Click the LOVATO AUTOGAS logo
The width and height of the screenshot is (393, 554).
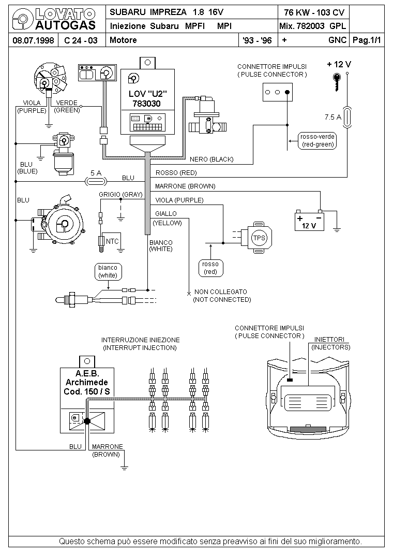(54, 19)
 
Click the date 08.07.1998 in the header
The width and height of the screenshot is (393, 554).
(33, 40)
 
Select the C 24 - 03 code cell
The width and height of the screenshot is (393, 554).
(81, 40)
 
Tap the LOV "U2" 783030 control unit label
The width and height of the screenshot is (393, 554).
(147, 98)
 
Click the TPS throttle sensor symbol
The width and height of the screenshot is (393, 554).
(259, 238)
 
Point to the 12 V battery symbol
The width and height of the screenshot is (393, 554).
(309, 221)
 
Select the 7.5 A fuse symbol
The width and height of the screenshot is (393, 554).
(347, 117)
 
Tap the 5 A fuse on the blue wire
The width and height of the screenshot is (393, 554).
(96, 181)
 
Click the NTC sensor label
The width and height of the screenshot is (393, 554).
(112, 242)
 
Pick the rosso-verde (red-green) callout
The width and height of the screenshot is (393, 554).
(318, 141)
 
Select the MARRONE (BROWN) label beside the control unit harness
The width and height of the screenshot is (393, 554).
(185, 186)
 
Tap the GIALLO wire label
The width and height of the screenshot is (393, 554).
(166, 214)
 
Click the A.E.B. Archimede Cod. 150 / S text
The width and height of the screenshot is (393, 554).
(87, 383)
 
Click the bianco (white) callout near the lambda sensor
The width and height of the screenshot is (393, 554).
(108, 272)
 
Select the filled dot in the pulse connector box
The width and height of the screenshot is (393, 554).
(287, 92)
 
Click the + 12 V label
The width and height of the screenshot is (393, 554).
(339, 64)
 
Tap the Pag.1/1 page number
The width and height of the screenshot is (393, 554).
(367, 40)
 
